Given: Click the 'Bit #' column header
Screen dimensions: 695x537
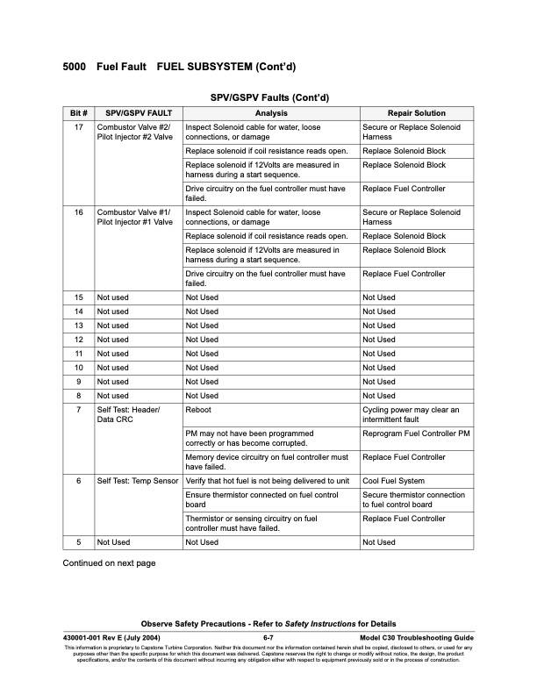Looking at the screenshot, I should click(78, 113).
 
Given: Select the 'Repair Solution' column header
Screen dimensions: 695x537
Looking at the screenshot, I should click(416, 113).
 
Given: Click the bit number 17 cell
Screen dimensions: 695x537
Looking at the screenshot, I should click(78, 127).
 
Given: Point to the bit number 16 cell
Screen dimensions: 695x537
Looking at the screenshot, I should click(78, 212).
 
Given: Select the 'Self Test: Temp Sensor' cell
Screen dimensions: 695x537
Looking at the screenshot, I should click(138, 481).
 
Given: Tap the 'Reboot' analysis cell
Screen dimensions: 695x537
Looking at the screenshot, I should click(197, 410).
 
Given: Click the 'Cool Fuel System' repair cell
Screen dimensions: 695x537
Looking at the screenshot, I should click(393, 481).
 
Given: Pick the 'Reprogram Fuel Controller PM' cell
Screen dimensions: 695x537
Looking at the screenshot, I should click(416, 433).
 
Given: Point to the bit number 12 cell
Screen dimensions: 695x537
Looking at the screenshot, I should click(78, 340).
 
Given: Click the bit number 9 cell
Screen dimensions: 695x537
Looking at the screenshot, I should click(78, 382).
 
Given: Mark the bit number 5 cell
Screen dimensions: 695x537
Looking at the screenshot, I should click(78, 542).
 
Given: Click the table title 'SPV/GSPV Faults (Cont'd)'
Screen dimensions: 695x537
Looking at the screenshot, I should click(268, 97).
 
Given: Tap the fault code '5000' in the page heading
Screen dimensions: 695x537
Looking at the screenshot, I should click(77, 67).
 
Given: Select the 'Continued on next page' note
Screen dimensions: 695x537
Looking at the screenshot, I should click(108, 562).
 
